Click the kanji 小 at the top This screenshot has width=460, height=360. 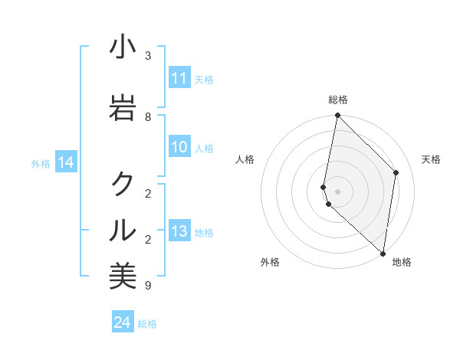(x=123, y=47)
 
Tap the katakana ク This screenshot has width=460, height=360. (x=123, y=183)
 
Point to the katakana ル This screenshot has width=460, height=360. (x=123, y=229)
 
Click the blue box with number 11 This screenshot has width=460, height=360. (x=179, y=78)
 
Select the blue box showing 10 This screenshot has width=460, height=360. (x=179, y=148)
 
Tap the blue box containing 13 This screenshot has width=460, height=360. (x=179, y=232)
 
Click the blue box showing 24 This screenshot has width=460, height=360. (x=123, y=322)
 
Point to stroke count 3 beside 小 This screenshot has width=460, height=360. (x=148, y=55)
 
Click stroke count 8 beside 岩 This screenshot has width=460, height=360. (x=148, y=116)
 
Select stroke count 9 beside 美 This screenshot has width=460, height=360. (x=148, y=286)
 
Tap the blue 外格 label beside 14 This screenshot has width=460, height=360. (x=40, y=163)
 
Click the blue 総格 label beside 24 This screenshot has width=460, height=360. (x=147, y=324)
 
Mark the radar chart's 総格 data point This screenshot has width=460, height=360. (x=337, y=116)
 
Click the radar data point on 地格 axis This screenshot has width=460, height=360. (x=383, y=253)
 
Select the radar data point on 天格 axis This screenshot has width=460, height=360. (x=396, y=172)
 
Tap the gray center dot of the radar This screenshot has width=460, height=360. (x=337, y=191)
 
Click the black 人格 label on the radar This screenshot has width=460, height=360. (x=245, y=159)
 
